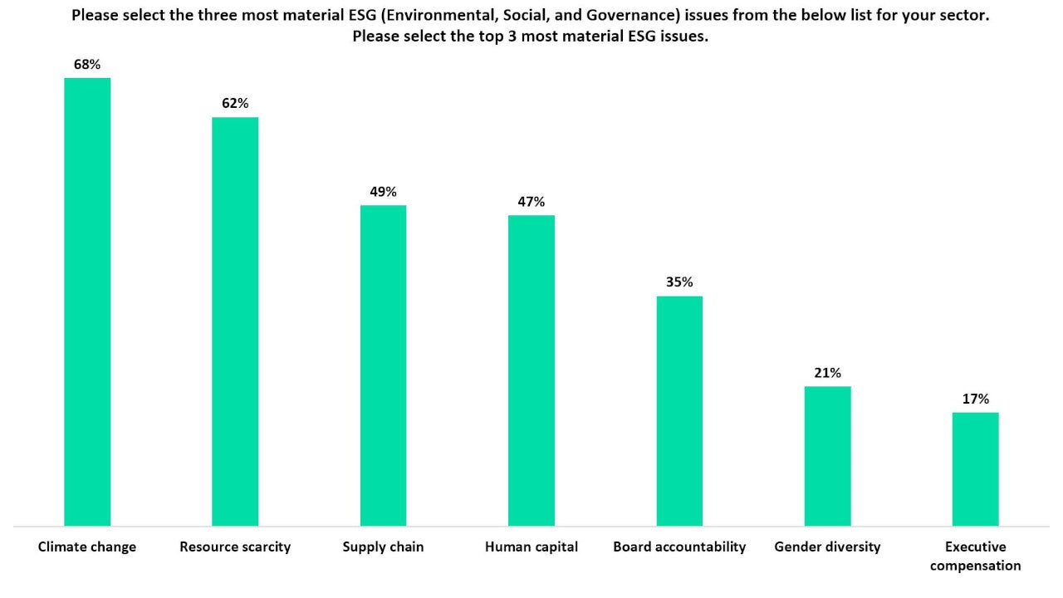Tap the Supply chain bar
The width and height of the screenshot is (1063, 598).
383,365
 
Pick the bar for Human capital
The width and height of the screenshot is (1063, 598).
531,370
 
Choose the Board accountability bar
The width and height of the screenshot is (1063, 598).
679,411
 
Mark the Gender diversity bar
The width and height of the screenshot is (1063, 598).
827,456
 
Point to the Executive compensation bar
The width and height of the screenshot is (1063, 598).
975,469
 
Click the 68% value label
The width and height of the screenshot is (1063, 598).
87,64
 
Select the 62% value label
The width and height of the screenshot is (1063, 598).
235,103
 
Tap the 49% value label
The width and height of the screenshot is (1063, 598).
383,191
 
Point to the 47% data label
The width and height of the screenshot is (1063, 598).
531,201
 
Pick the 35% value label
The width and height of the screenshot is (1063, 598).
679,282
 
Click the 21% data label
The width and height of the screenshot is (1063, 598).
827,372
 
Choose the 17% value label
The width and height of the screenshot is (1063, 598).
975,399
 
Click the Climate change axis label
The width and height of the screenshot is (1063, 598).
87,547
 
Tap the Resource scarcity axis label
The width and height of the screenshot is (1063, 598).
235,547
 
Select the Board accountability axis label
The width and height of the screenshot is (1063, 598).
679,547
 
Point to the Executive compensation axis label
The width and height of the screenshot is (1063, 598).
975,556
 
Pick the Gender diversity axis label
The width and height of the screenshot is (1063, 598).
827,547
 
